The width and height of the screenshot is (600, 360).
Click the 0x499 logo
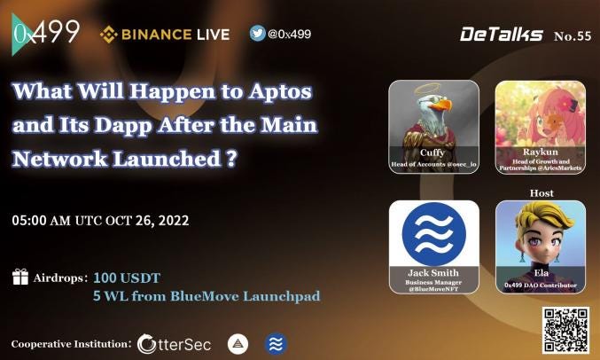click(x=46, y=35)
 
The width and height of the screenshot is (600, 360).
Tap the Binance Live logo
click(x=165, y=35)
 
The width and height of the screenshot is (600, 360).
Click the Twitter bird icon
click(x=258, y=34)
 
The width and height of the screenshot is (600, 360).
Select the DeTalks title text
click(x=501, y=35)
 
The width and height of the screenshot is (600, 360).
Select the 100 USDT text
click(x=126, y=278)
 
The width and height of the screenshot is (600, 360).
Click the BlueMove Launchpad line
click(x=206, y=296)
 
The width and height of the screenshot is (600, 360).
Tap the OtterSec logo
click(x=175, y=344)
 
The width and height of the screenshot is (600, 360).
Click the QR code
click(x=565, y=331)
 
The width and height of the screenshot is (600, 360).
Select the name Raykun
click(x=540, y=153)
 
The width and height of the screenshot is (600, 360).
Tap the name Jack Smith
click(x=434, y=272)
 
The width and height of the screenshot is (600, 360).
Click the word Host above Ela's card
click(x=541, y=192)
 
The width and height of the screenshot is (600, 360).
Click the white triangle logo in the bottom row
click(x=238, y=344)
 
